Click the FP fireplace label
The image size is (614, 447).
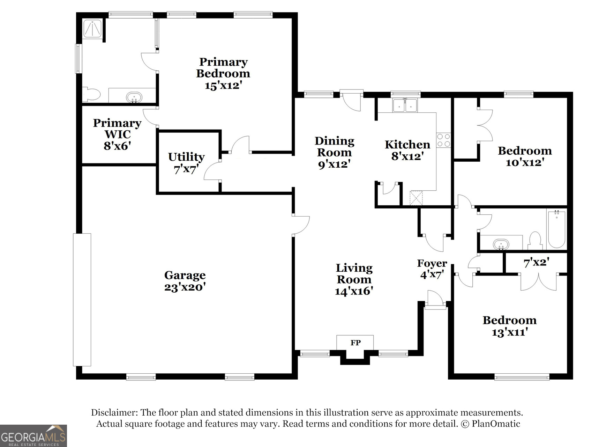pyautogui.click(x=355, y=343)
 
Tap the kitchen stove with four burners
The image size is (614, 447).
pyautogui.click(x=443, y=140)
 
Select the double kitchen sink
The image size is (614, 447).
pyautogui.click(x=405, y=105)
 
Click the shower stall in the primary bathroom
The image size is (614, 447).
pyautogui.click(x=93, y=28)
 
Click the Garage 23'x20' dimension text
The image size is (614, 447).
pyautogui.click(x=185, y=287)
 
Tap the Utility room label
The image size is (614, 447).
pyautogui.click(x=186, y=157)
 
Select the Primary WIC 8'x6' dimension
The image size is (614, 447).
pyautogui.click(x=117, y=146)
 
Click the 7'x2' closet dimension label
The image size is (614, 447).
pyautogui.click(x=536, y=262)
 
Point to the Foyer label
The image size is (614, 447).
pyautogui.click(x=432, y=263)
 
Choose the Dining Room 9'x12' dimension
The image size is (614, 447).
pyautogui.click(x=334, y=164)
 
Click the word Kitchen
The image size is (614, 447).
pyautogui.click(x=407, y=145)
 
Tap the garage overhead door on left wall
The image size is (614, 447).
pyautogui.click(x=82, y=299)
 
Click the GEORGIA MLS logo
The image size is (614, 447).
pyautogui.click(x=33, y=435)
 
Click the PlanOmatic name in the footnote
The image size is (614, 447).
pyautogui.click(x=496, y=424)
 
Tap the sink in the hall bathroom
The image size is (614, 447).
pyautogui.click(x=501, y=244)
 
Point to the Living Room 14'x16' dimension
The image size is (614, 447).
pyautogui.click(x=354, y=291)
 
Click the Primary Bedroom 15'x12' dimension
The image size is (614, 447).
pyautogui.click(x=223, y=85)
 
